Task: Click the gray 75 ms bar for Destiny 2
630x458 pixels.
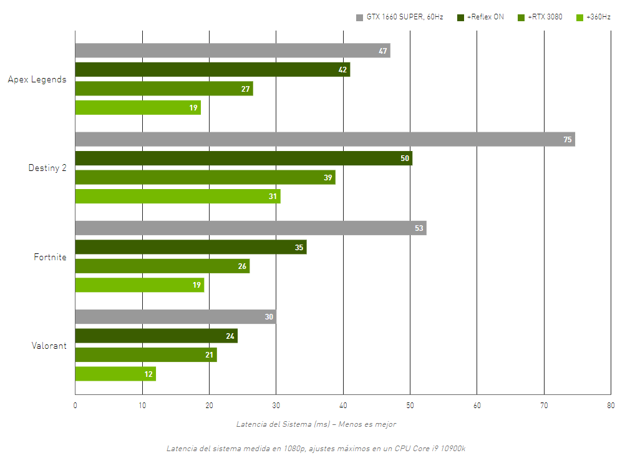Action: tap(325, 139)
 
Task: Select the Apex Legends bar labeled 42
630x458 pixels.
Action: tap(213, 69)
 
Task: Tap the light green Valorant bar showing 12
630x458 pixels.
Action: tap(115, 374)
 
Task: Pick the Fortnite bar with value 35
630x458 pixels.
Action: tap(191, 247)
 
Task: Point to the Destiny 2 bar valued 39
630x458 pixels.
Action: tap(205, 177)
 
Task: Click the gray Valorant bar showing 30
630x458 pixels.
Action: tap(175, 316)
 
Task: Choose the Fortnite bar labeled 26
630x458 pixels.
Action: tap(162, 266)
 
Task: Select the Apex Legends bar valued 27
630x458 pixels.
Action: tap(164, 89)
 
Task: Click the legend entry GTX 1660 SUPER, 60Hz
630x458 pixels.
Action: tap(400, 17)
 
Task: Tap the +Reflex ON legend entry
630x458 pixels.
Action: tap(480, 17)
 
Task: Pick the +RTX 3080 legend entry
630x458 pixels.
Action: tap(540, 17)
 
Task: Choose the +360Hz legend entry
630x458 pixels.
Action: tap(593, 17)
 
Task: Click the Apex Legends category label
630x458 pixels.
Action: tap(37, 79)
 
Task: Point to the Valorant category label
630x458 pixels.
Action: tap(49, 346)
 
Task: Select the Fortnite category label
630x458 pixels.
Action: tap(51, 256)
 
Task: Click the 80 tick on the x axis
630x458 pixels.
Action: tap(611, 406)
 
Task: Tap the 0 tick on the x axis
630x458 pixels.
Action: tap(75, 406)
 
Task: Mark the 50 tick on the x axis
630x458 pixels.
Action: tap(410, 406)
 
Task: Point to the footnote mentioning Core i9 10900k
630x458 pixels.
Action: tap(316, 449)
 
